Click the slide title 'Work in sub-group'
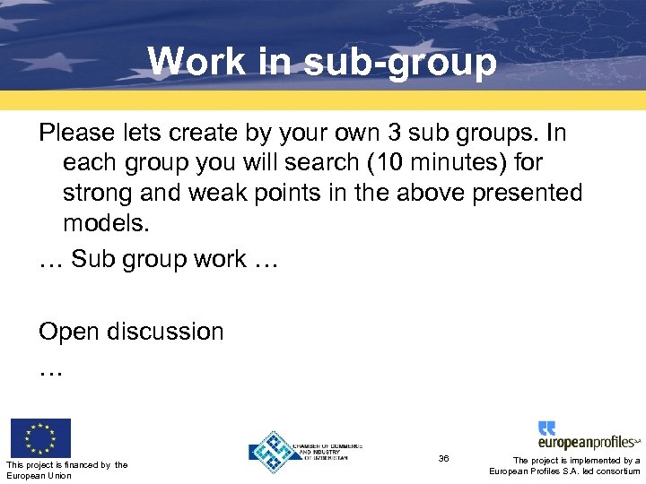(x=322, y=61)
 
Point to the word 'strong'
(x=101, y=193)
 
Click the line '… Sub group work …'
(x=158, y=259)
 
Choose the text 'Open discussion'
(x=131, y=332)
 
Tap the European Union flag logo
(x=39, y=437)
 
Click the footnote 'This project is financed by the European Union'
(x=66, y=470)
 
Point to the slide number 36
(x=443, y=458)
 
